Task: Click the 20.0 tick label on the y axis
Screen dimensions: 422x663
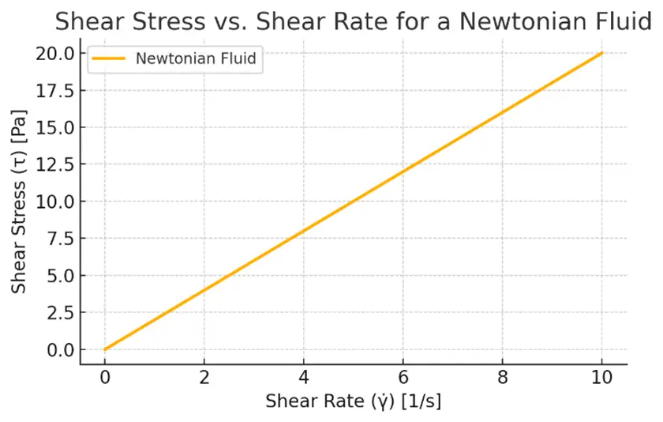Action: click(x=54, y=54)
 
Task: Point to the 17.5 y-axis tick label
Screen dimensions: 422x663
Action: click(x=54, y=91)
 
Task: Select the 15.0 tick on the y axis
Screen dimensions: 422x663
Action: click(x=54, y=128)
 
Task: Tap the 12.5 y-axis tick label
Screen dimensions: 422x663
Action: click(x=54, y=164)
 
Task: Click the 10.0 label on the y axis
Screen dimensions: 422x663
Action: click(x=54, y=202)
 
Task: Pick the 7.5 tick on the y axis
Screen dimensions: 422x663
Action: click(x=59, y=239)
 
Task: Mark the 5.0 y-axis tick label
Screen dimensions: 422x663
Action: click(x=59, y=276)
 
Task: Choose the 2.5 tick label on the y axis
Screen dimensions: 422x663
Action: click(x=59, y=312)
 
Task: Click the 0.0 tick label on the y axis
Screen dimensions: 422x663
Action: click(x=59, y=349)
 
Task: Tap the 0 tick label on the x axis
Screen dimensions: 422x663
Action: click(x=104, y=379)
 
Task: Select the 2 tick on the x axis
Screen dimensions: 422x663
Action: click(x=204, y=379)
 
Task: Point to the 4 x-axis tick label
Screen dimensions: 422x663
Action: click(x=303, y=379)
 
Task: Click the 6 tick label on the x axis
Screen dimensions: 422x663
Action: click(x=403, y=379)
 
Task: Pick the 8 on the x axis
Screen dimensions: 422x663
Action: click(x=503, y=379)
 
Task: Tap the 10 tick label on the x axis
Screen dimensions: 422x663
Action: click(x=602, y=379)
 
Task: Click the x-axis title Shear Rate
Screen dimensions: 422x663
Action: click(x=353, y=401)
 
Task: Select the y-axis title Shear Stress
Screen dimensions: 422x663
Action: click(x=21, y=202)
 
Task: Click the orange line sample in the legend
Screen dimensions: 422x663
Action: click(x=110, y=58)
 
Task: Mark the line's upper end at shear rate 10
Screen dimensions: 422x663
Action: click(x=602, y=53)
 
